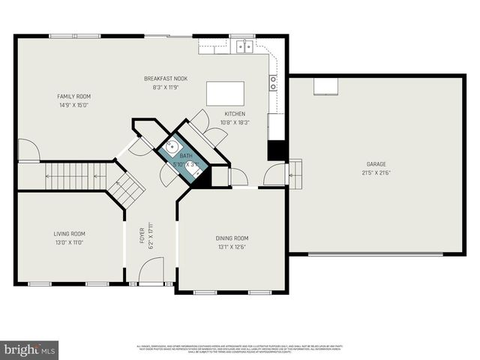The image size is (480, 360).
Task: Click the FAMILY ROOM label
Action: pyautogui.click(x=73, y=96)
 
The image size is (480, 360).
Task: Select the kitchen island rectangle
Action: pyautogui.click(x=225, y=94)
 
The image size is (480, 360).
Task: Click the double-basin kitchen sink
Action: pyautogui.click(x=244, y=47)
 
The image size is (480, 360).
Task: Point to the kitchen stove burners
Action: pyautogui.click(x=273, y=82)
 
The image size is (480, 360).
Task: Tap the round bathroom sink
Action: pyautogui.click(x=172, y=147)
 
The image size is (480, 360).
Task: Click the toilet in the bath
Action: pyautogui.click(x=196, y=172)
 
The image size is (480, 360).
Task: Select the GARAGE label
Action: pyautogui.click(x=376, y=164)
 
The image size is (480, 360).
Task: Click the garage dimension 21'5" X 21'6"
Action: pyautogui.click(x=376, y=172)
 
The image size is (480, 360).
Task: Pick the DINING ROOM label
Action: pyautogui.click(x=232, y=238)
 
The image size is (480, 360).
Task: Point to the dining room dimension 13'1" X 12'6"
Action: pyautogui.click(x=232, y=247)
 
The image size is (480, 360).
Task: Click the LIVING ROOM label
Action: pyautogui.click(x=69, y=233)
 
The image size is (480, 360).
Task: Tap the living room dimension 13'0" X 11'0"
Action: pyautogui.click(x=69, y=242)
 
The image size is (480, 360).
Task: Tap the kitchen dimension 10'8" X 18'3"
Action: pyautogui.click(x=235, y=122)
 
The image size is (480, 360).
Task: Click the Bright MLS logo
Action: pyautogui.click(x=30, y=349)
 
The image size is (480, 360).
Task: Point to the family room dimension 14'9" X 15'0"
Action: pyautogui.click(x=73, y=105)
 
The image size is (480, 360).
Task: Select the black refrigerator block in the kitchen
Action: pyautogui.click(x=277, y=149)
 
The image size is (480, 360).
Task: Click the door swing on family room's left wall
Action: pyautogui.click(x=28, y=151)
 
